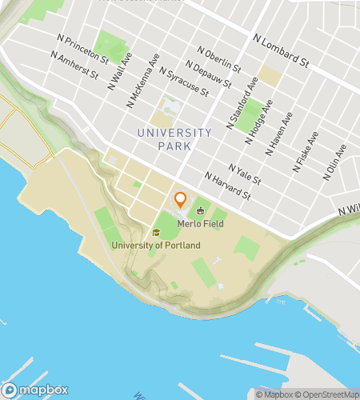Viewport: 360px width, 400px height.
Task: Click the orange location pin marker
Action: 180,200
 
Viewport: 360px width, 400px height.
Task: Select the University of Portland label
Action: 156,244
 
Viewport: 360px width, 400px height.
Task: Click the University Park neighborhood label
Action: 174,138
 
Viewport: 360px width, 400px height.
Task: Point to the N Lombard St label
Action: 281,50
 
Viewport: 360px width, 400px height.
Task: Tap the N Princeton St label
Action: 83,48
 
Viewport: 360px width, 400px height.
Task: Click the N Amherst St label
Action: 74,66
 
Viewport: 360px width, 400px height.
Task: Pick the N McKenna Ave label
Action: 142,81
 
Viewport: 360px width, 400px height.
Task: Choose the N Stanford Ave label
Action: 244,104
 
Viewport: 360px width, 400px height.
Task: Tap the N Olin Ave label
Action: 336,162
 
